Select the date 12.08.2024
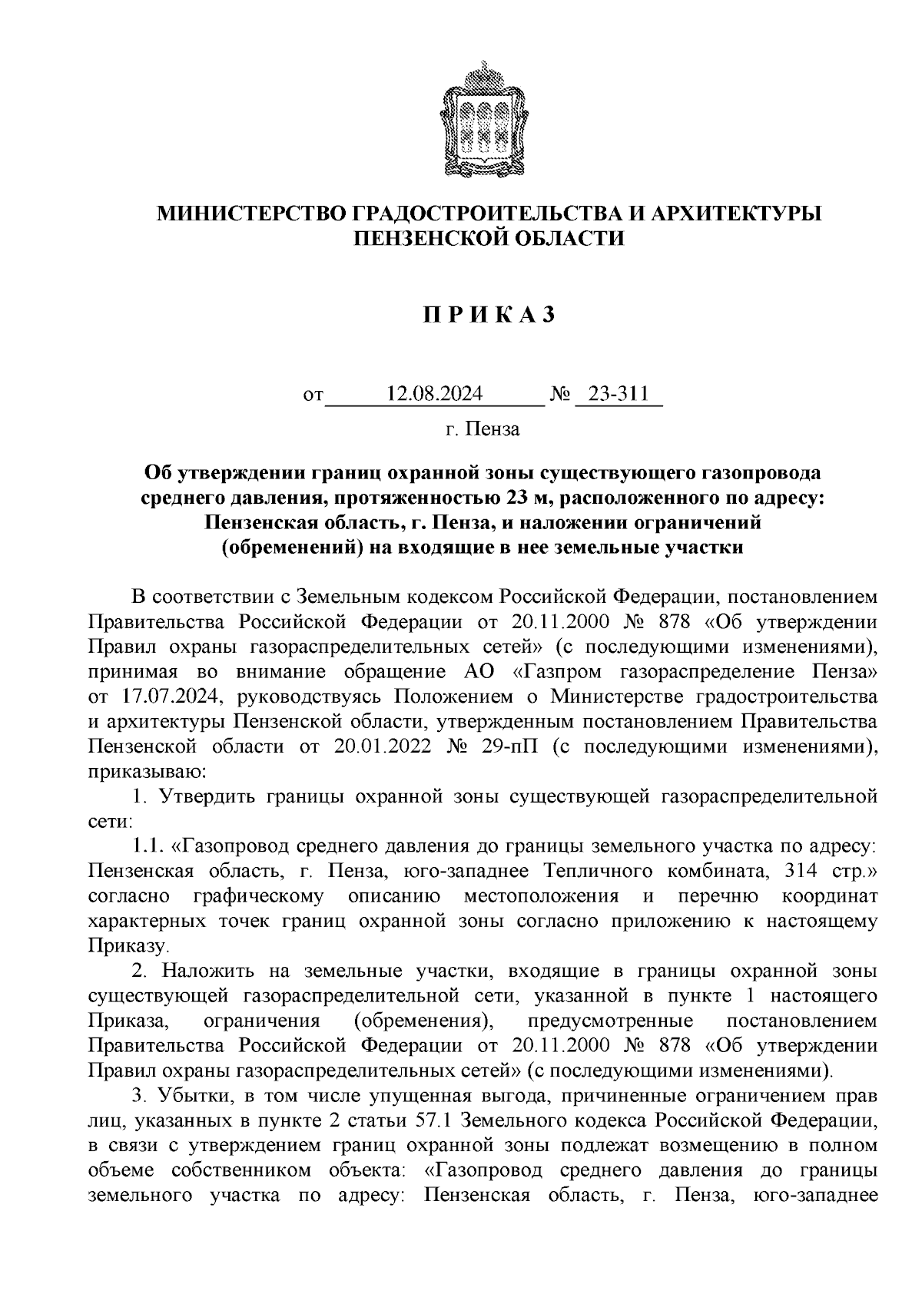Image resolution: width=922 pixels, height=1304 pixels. [x=436, y=396]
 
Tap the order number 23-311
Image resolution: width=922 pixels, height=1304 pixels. [x=619, y=396]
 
